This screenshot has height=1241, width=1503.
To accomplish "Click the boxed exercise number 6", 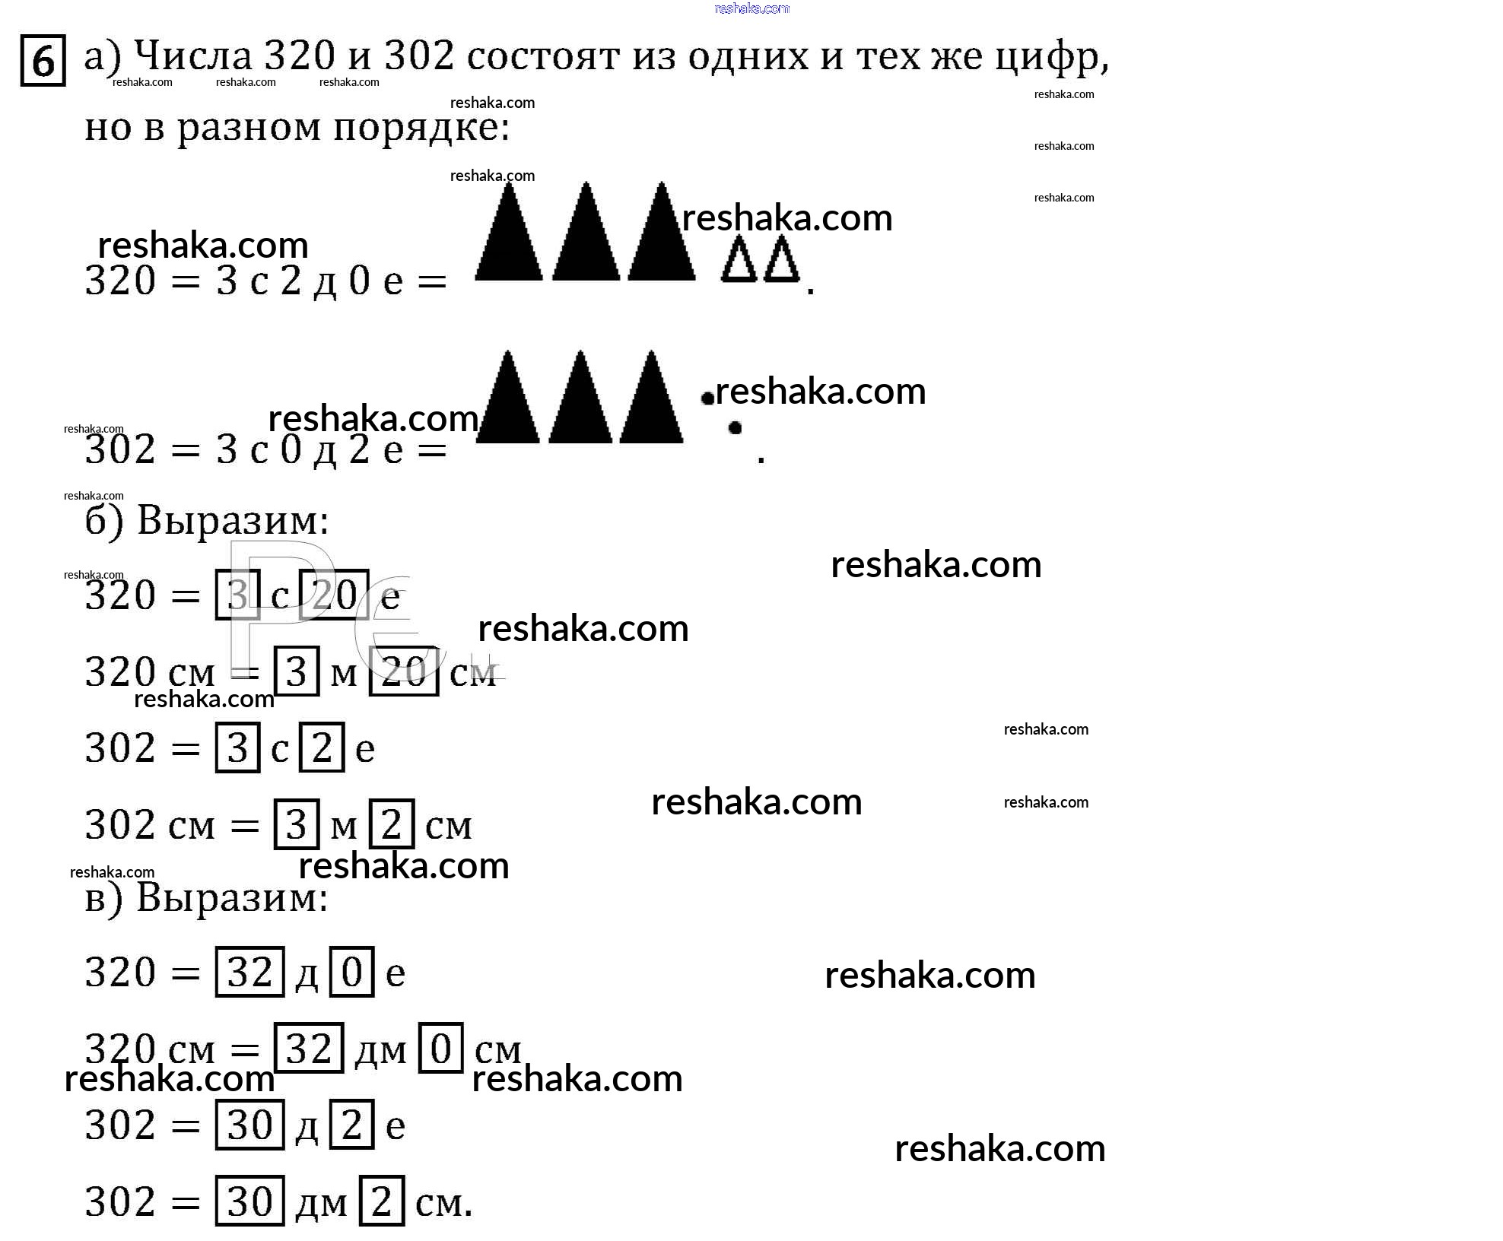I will [43, 61].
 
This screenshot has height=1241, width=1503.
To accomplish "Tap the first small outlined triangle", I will [739, 261].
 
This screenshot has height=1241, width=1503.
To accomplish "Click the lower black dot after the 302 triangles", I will [735, 427].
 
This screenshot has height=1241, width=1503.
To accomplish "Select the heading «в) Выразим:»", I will [206, 898].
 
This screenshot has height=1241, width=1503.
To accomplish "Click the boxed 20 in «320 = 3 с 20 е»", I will [335, 595].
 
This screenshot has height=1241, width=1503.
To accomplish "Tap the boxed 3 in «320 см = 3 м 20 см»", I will [296, 671].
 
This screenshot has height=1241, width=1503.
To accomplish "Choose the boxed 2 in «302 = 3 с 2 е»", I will [322, 747].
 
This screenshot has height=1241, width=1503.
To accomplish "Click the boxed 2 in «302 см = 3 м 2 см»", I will [392, 824].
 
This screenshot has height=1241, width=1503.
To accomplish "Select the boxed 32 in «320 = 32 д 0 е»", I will [249, 972].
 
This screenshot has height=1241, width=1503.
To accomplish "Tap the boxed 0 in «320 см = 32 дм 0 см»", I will [441, 1049].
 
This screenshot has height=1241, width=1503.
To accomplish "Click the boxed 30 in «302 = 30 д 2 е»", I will [249, 1125].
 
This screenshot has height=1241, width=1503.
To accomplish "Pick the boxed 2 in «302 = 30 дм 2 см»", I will [381, 1201].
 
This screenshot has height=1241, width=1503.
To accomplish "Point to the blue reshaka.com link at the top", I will [752, 8].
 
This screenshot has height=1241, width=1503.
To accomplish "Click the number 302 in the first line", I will [419, 56].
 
